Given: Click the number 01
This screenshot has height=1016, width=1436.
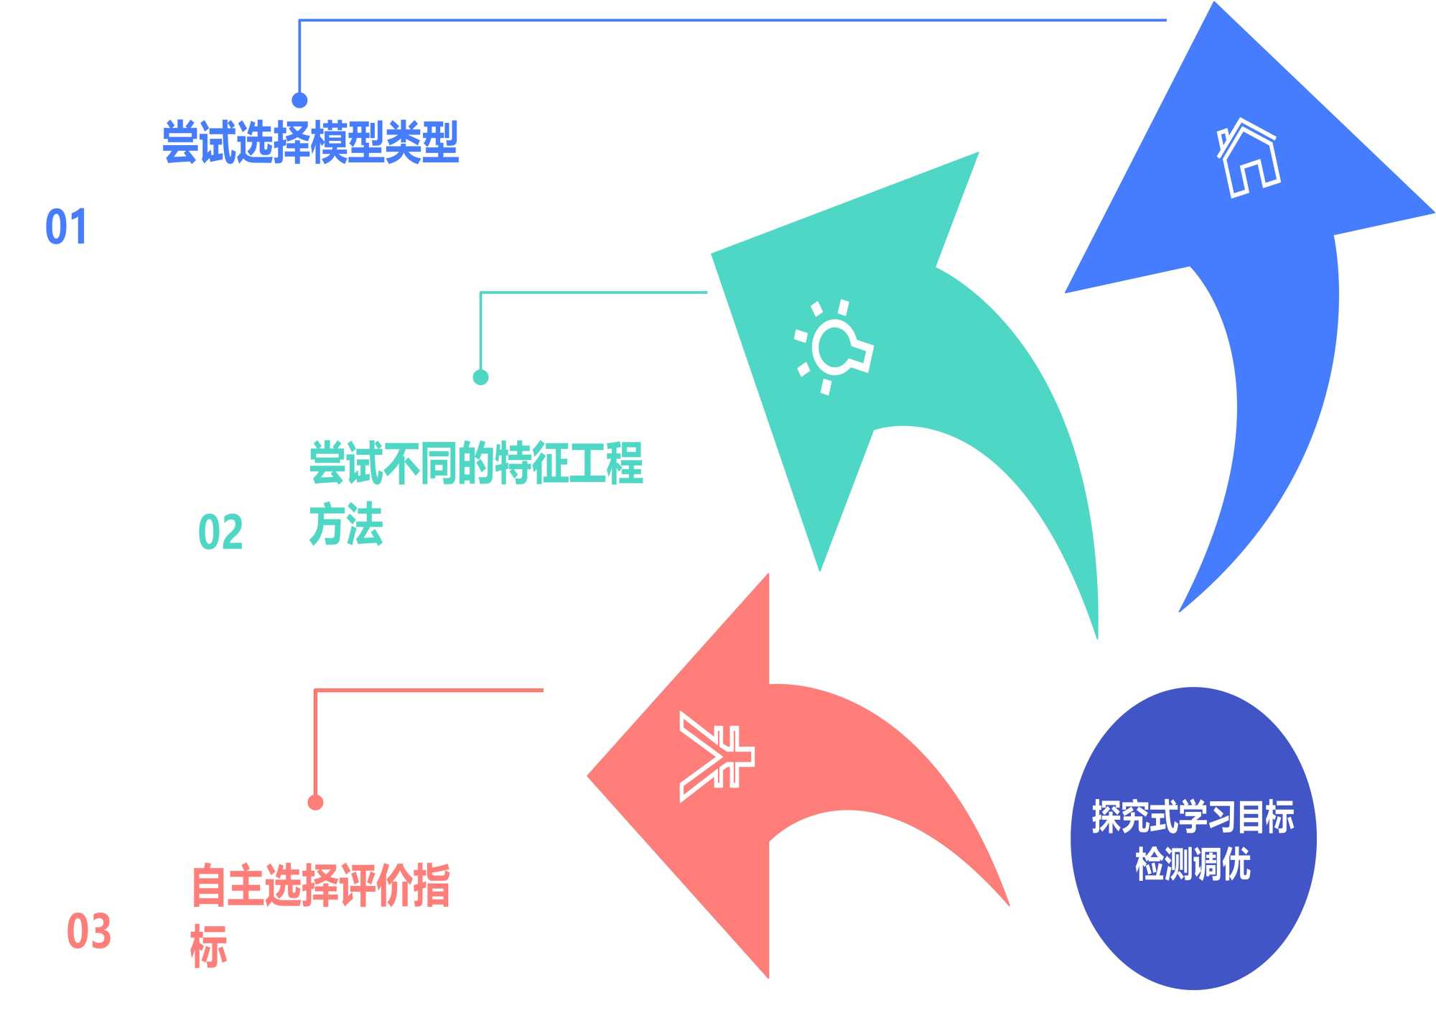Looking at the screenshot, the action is click(x=66, y=227).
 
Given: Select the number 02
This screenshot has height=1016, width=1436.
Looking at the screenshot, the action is click(x=220, y=532).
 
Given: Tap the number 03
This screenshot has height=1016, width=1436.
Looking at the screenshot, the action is click(x=89, y=931).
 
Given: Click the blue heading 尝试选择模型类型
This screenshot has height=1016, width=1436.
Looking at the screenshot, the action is click(x=310, y=142).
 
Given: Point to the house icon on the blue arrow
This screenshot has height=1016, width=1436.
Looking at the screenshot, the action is click(x=1249, y=158).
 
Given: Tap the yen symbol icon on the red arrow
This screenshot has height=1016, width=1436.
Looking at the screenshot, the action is click(x=715, y=757).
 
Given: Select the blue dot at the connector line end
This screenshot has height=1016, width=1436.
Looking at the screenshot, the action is click(x=299, y=100).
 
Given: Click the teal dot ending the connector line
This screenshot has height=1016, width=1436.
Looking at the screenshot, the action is click(x=480, y=377).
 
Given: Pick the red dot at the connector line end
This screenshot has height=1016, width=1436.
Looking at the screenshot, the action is click(x=315, y=803).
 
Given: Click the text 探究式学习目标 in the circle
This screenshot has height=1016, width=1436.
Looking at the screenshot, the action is click(x=1193, y=817).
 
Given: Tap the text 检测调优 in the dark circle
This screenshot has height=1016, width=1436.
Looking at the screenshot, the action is click(x=1193, y=864).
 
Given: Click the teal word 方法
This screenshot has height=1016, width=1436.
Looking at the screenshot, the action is click(x=346, y=525).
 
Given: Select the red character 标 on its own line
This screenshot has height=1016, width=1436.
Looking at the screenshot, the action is click(x=209, y=946).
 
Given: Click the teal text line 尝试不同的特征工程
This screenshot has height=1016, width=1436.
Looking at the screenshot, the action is click(x=476, y=463).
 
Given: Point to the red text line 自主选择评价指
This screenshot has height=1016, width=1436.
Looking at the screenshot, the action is click(x=321, y=885).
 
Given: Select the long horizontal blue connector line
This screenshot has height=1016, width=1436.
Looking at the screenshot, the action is click(x=732, y=20).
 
